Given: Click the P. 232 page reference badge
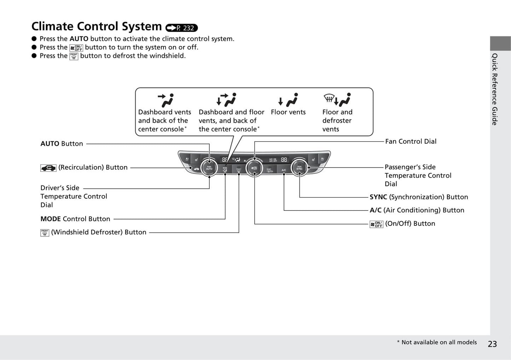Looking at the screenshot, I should click(x=181, y=28).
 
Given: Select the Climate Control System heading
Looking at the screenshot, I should click(x=97, y=26).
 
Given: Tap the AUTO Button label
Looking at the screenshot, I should click(x=62, y=144).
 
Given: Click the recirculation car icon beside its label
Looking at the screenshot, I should click(x=48, y=168).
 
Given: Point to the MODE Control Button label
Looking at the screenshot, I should click(x=75, y=219).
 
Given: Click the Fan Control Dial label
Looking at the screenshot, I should click(x=411, y=141).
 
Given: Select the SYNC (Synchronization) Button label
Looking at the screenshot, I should click(x=419, y=197).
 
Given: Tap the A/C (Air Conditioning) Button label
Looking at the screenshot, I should click(x=417, y=210).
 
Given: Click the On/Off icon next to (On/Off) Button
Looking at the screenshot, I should click(x=376, y=224).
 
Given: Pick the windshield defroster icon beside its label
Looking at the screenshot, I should click(x=45, y=232).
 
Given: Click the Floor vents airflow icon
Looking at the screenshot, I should click(x=288, y=100).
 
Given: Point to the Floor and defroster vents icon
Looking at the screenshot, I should click(x=337, y=100).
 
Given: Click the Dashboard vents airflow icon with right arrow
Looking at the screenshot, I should click(x=166, y=100).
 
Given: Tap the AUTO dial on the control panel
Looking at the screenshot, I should click(x=209, y=168).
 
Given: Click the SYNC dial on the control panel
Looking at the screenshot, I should click(x=300, y=168).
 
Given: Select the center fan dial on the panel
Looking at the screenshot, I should click(x=254, y=168).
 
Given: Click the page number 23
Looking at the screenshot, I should click(x=492, y=344).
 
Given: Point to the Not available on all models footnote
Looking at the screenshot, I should click(x=437, y=342).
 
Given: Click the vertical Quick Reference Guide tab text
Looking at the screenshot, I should click(x=495, y=89).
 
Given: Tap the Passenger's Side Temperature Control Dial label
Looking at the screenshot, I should click(x=418, y=176).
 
